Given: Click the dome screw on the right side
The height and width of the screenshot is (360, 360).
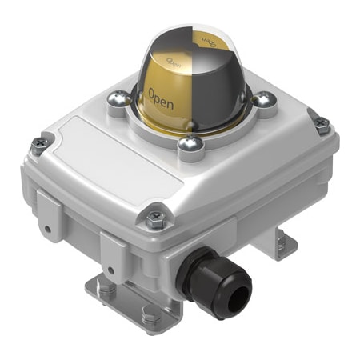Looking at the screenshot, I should pyautogui.click(x=263, y=99).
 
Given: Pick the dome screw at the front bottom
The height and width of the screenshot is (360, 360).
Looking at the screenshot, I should pyautogui.click(x=189, y=144).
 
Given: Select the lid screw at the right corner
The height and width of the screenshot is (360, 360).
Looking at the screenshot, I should pyautogui.click(x=322, y=124).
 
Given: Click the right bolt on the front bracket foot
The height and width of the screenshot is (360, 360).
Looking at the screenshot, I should pyautogui.click(x=149, y=317).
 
